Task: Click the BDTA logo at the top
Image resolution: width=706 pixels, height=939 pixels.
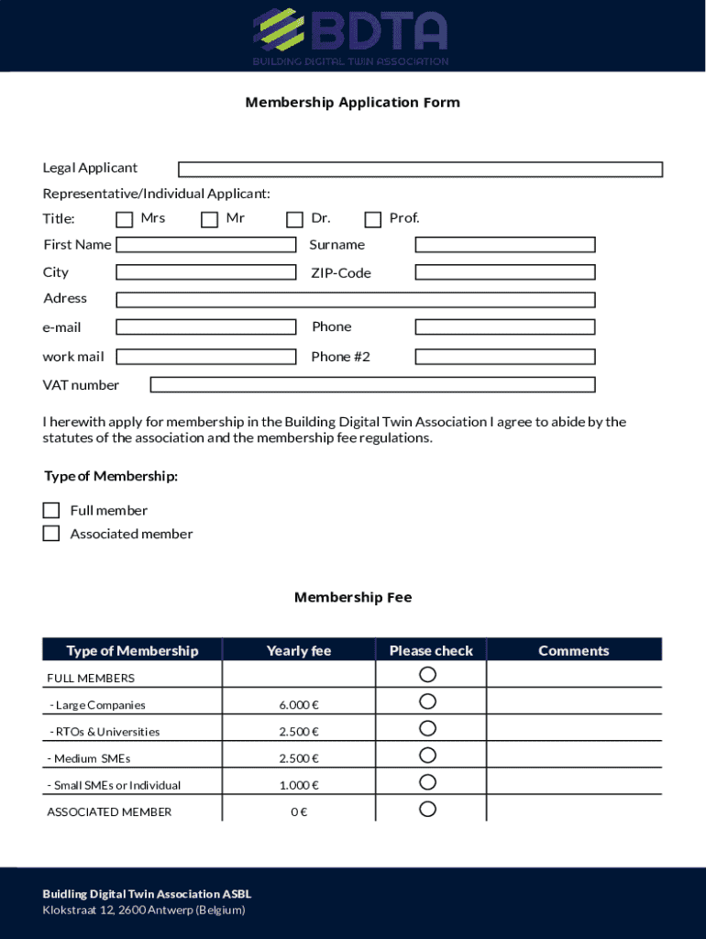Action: pyautogui.click(x=352, y=35)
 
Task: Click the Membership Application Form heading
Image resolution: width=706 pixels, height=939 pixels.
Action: pyautogui.click(x=352, y=102)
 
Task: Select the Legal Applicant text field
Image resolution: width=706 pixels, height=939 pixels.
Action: pyautogui.click(x=420, y=170)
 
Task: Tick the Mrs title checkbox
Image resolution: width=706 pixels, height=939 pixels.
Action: pyautogui.click(x=124, y=219)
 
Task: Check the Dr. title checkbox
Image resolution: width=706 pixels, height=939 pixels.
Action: pyautogui.click(x=294, y=219)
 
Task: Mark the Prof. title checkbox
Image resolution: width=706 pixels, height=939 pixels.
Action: pyautogui.click(x=372, y=219)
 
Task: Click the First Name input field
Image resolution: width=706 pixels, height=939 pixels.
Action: pyautogui.click(x=205, y=245)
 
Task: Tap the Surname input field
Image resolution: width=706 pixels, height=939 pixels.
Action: pyautogui.click(x=504, y=245)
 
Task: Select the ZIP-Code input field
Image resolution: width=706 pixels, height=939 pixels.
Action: pyautogui.click(x=504, y=272)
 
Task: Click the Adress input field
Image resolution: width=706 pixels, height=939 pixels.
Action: pyautogui.click(x=355, y=299)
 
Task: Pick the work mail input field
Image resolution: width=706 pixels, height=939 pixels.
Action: pyautogui.click(x=205, y=357)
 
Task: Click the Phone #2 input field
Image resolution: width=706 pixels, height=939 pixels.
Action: pyautogui.click(x=504, y=357)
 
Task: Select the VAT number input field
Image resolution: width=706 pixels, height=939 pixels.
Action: pyautogui.click(x=372, y=385)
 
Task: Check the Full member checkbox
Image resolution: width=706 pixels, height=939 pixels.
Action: pyautogui.click(x=51, y=510)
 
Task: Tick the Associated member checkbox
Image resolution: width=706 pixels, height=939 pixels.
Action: pyautogui.click(x=51, y=533)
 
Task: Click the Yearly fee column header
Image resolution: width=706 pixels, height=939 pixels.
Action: pyautogui.click(x=299, y=650)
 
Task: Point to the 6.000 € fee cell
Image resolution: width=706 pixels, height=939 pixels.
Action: pyautogui.click(x=299, y=705)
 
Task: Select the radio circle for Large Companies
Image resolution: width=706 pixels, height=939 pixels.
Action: pyautogui.click(x=427, y=701)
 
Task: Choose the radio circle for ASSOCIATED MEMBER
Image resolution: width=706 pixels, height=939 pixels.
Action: pyautogui.click(x=427, y=809)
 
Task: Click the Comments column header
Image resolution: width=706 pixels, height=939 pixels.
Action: pyautogui.click(x=573, y=650)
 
